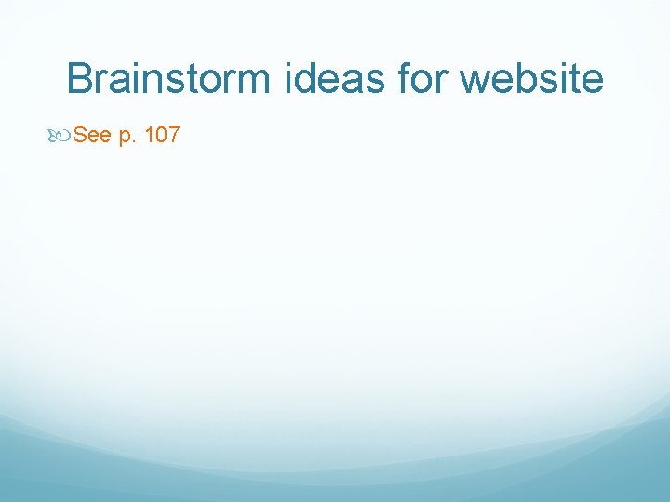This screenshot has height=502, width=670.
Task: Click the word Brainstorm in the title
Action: (x=169, y=79)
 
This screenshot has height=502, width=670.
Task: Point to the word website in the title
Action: (x=532, y=79)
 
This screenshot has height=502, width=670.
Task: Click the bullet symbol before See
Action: (x=62, y=137)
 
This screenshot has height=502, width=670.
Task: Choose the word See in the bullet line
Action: (x=92, y=136)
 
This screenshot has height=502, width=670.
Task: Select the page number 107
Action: (x=163, y=136)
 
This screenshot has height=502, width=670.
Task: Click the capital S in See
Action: (x=80, y=136)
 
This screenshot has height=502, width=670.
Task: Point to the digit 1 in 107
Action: (x=151, y=136)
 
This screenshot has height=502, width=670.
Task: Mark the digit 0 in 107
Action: (x=162, y=136)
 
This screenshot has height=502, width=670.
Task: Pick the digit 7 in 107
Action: (x=174, y=136)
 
